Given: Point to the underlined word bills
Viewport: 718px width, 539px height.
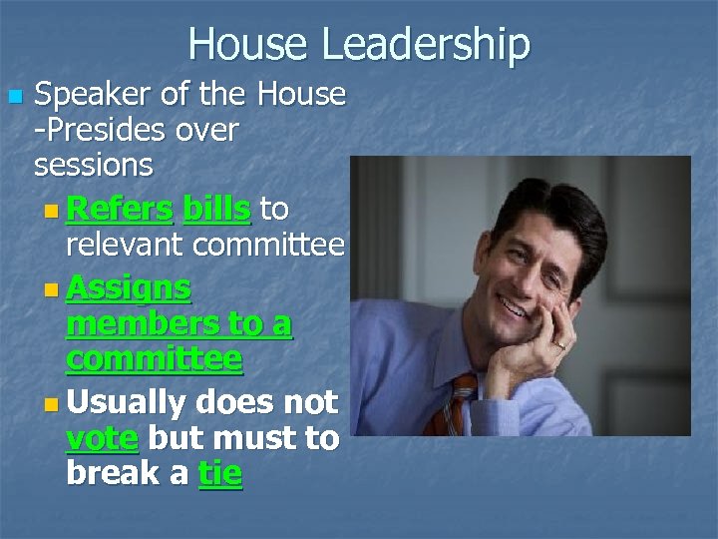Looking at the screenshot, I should (217, 210).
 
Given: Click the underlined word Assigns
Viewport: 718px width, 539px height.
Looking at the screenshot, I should (129, 289).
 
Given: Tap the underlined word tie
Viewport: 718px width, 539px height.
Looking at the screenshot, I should (220, 473).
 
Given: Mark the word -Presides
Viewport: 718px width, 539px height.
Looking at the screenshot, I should (103, 130).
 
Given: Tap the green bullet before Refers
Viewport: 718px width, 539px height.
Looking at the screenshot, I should (52, 211).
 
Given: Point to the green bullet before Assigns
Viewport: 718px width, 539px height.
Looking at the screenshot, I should (52, 289).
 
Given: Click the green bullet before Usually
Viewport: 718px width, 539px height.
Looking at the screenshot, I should (52, 404).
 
